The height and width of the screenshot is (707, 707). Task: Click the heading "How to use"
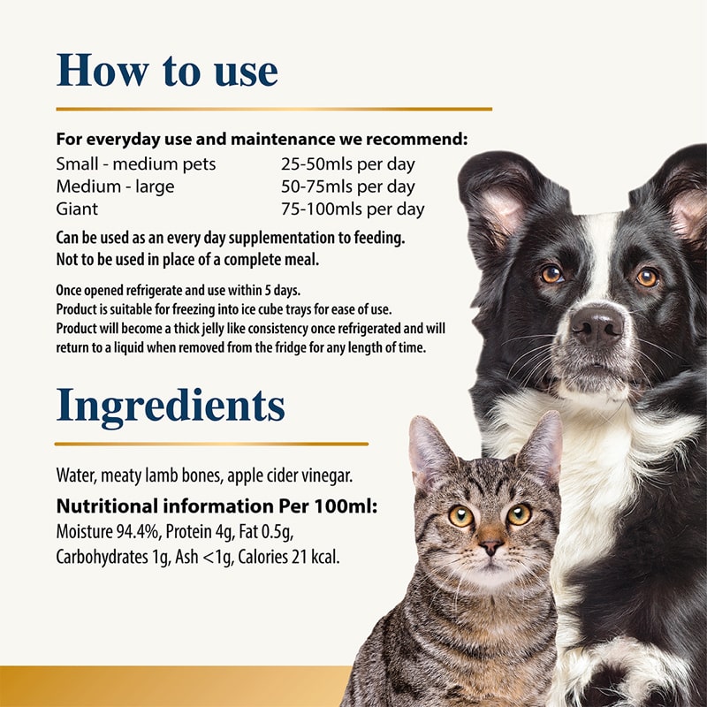(x=167, y=71)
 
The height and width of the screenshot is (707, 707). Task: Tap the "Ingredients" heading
(x=171, y=405)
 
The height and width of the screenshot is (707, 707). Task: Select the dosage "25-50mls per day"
(x=347, y=164)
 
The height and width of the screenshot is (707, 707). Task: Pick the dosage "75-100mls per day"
(x=352, y=209)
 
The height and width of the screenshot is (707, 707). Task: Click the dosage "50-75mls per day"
(x=347, y=187)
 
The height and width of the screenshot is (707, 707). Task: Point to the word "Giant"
(x=77, y=209)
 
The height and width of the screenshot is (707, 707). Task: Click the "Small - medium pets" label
(x=135, y=164)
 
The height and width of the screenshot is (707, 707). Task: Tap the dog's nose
(x=597, y=324)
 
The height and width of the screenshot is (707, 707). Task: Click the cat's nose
(x=491, y=547)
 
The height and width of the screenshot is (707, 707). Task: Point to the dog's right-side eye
(x=647, y=277)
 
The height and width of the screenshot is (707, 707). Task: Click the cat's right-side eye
(x=519, y=514)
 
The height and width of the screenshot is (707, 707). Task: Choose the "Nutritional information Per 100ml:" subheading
(x=217, y=507)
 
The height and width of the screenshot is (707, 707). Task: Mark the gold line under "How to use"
(x=274, y=109)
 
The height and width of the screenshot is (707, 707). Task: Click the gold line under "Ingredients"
(x=211, y=443)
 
